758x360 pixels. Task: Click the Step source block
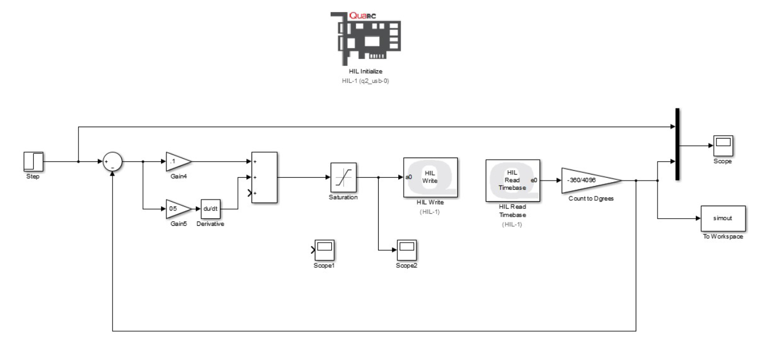[33, 161]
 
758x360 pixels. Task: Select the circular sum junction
[112, 161]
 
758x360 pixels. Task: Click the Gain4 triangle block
[177, 161]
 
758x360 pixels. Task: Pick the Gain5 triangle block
[177, 209]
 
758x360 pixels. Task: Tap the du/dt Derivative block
[211, 209]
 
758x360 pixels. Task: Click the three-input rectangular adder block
[264, 177]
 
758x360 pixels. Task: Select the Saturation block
[343, 177]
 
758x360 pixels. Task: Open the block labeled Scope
[723, 146]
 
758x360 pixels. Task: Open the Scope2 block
[407, 250]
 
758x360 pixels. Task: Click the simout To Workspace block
[722, 218]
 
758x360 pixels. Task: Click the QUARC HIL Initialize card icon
[365, 38]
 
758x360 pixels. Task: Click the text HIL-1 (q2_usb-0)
[365, 81]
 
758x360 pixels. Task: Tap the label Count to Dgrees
[591, 199]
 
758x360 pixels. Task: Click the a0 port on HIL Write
[409, 177]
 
